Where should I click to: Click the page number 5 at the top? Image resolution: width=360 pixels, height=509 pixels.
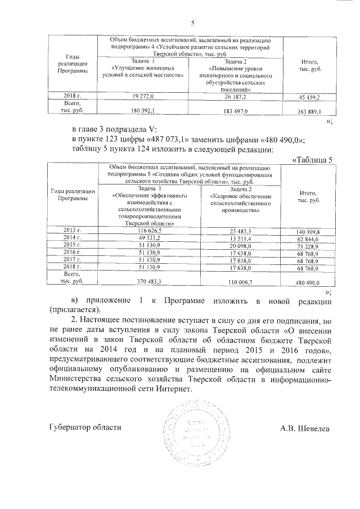pyautogui.click(x=192, y=23)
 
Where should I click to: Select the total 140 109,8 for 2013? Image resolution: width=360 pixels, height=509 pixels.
pyautogui.click(x=308, y=231)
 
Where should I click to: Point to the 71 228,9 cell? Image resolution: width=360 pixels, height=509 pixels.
pyautogui.click(x=308, y=247)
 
